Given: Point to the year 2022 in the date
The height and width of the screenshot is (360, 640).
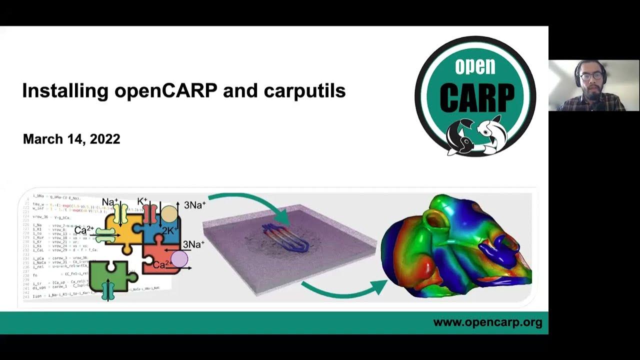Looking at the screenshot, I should pos(105,139).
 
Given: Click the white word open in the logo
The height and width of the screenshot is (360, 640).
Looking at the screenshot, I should pos(475,66).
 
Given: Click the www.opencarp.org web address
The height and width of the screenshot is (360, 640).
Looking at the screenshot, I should pos(487,322).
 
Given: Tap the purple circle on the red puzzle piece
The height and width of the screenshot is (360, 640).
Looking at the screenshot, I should pos(179,259).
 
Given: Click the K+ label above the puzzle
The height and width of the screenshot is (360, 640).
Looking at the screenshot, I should pos(142,202).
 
